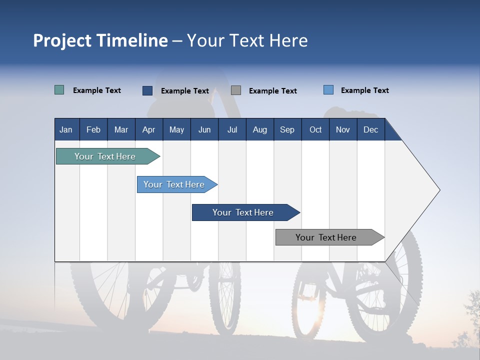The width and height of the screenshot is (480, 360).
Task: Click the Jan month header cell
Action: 66,129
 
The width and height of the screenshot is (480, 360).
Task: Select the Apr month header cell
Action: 149,129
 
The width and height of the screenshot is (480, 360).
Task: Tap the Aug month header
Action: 260,129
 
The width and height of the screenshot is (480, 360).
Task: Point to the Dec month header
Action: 370,129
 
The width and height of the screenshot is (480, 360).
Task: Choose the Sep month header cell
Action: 287,129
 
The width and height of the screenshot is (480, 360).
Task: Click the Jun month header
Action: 204,129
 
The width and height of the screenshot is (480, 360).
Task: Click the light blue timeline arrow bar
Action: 175,184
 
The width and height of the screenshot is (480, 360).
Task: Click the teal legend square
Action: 59,90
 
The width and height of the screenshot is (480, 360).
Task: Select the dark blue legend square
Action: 147,90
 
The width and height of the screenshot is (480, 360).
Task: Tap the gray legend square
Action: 236,90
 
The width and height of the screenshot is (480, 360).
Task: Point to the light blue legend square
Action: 328,90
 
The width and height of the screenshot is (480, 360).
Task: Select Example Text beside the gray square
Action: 273,91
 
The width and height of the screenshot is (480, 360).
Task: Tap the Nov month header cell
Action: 343,129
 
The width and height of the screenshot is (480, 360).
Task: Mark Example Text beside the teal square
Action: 97,90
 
